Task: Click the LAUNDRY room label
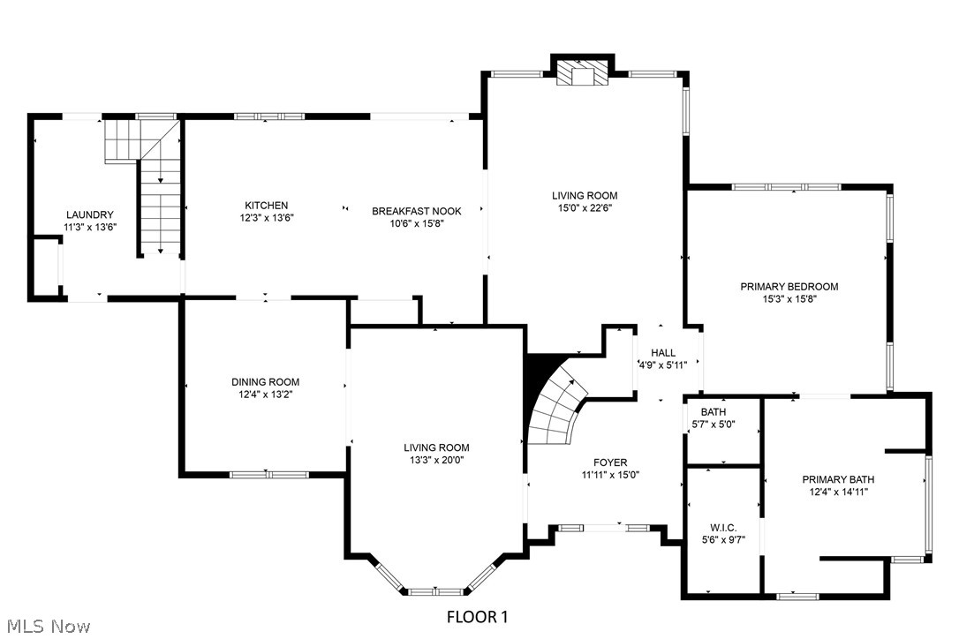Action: (89, 214)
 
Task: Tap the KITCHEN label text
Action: (267, 206)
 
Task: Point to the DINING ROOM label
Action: (266, 382)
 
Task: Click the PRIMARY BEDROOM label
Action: (789, 286)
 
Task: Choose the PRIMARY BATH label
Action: (838, 479)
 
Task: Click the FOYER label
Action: (610, 462)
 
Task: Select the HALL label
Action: (663, 353)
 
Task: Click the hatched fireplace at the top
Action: (583, 76)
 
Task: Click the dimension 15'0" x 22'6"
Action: (585, 208)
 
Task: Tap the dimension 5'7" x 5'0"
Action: (718, 425)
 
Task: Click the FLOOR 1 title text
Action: (477, 616)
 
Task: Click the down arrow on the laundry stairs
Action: (161, 251)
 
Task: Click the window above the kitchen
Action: (268, 116)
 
